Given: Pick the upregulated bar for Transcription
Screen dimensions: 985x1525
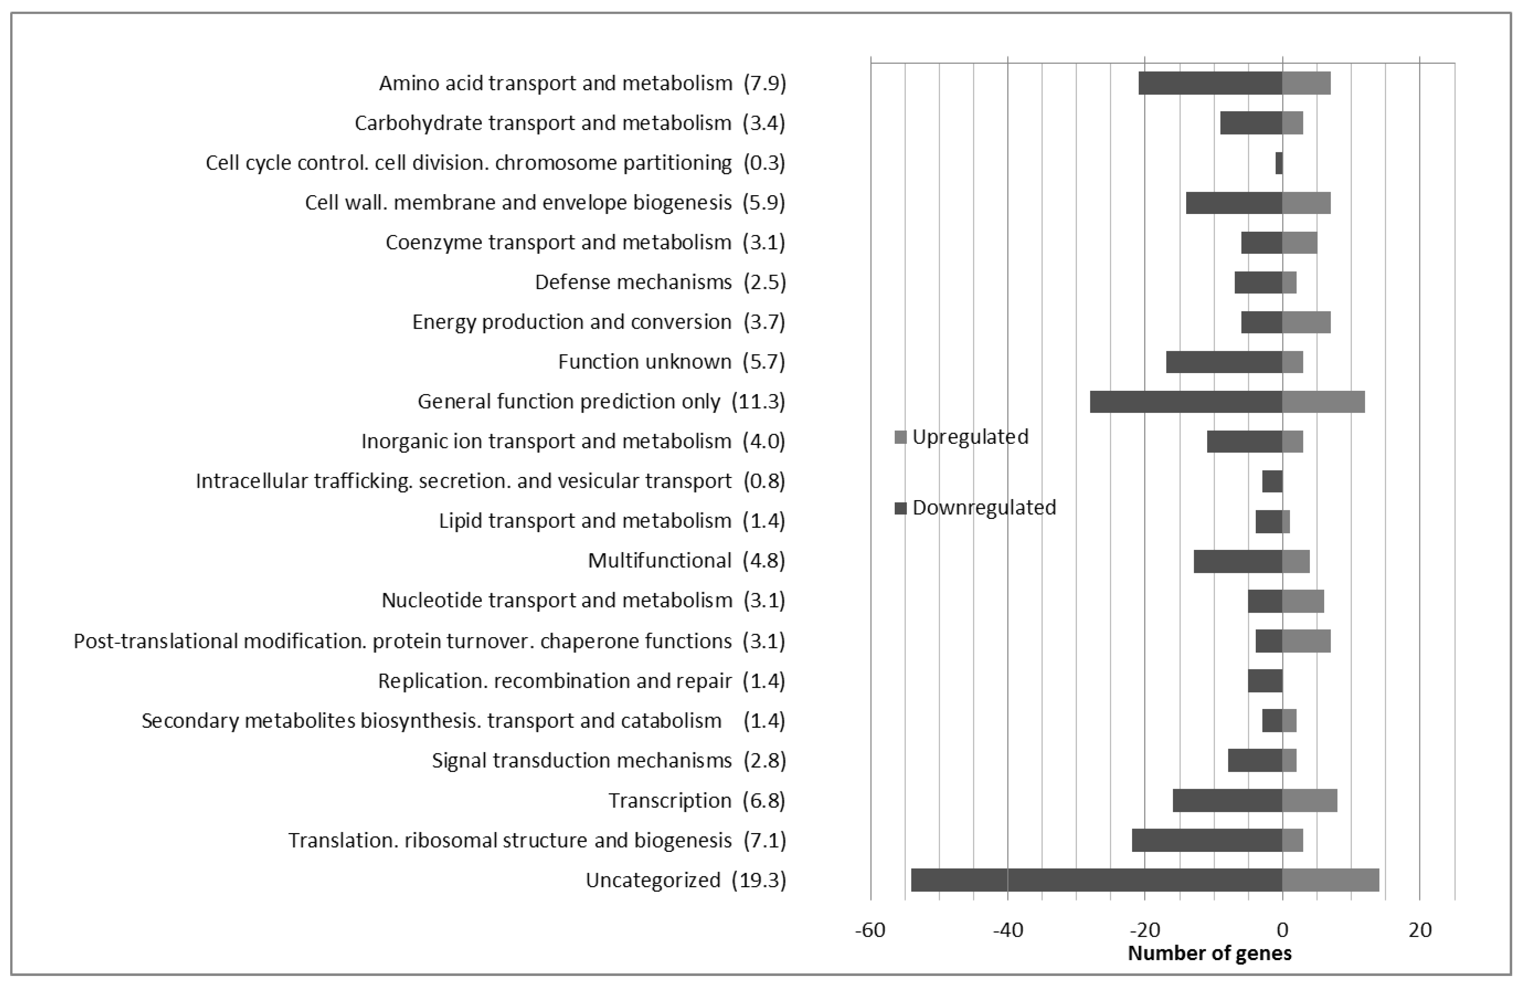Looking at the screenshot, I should [1309, 800].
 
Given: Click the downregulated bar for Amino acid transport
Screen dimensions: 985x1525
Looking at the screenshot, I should [1210, 83].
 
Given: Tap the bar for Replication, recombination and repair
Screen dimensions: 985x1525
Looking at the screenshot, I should [1265, 680].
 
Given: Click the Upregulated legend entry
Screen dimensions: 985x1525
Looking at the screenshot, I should [970, 437].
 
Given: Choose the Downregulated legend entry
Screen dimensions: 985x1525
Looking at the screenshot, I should [983, 508].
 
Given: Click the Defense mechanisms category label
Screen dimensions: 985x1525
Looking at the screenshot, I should [633, 282].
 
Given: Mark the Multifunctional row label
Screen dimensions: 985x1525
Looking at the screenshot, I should [659, 561].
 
